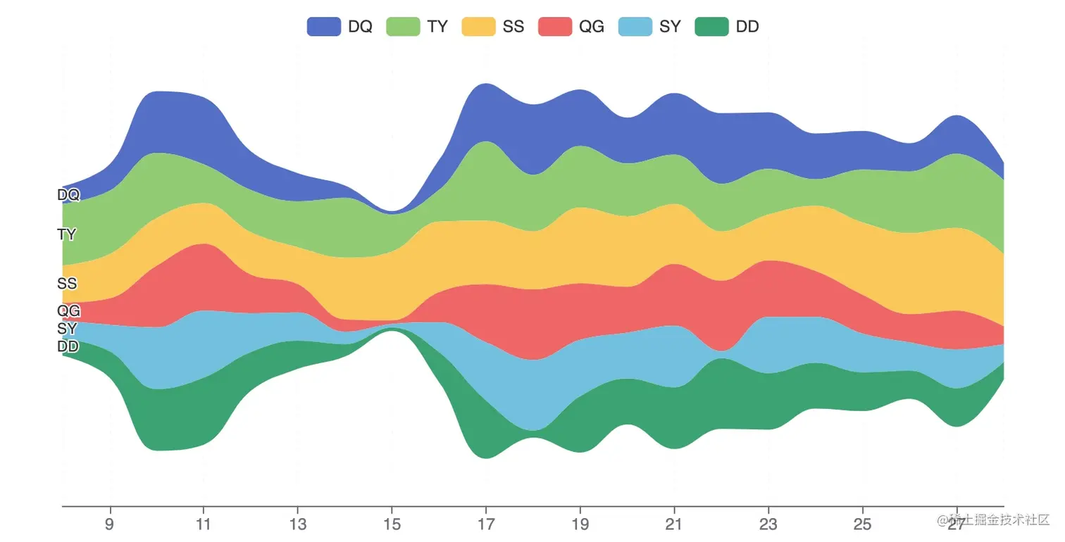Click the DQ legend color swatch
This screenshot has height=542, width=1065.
[x=323, y=27]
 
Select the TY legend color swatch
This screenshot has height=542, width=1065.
[x=403, y=27]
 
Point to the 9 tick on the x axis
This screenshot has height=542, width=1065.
[x=109, y=524]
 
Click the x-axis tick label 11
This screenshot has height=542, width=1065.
[x=204, y=524]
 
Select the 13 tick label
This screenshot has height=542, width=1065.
[x=298, y=524]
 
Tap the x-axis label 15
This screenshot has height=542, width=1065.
[x=392, y=524]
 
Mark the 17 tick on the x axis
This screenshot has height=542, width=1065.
[x=486, y=524]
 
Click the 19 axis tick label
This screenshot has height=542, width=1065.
[x=580, y=524]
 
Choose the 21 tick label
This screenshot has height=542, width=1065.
[x=674, y=524]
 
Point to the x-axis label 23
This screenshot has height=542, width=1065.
[x=768, y=524]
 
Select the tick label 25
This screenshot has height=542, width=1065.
[x=862, y=524]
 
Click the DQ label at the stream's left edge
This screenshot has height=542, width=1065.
[x=68, y=195]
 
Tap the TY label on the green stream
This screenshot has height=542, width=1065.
[x=67, y=234]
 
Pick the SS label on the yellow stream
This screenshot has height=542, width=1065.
[x=67, y=284]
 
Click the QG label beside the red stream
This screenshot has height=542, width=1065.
[x=68, y=310]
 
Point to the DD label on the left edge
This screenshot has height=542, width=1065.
[x=68, y=346]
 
